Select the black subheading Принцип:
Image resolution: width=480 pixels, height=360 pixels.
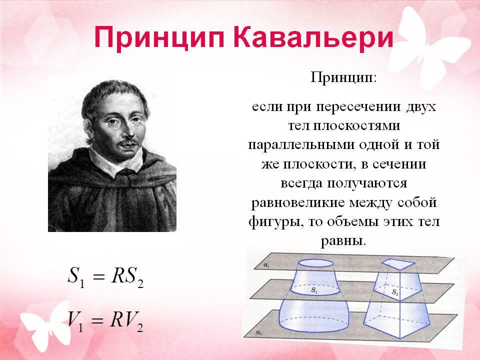coord(343,77)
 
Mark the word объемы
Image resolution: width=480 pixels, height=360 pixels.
coord(352,221)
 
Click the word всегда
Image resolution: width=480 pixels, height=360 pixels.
coord(301,183)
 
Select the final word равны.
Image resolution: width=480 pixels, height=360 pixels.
coord(343,241)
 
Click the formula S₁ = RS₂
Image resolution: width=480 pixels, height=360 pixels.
coord(105,276)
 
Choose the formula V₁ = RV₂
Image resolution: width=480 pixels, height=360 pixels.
coord(105,321)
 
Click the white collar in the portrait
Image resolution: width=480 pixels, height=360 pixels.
coord(116,162)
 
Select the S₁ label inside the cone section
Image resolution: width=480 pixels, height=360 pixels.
coord(314,289)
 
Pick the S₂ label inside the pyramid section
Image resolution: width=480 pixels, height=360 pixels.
coord(395,292)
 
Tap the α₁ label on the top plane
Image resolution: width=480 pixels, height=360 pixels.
coord(266,265)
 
